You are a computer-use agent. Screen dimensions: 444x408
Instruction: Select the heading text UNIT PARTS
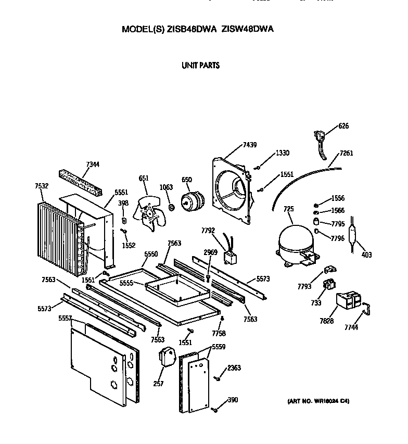point(200,66)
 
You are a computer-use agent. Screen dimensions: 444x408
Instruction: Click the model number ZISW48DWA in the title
point(247,30)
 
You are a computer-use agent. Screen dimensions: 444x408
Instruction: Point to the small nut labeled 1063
point(170,208)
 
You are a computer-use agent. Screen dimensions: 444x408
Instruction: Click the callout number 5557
point(65,318)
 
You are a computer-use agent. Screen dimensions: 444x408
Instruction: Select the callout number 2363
point(234,367)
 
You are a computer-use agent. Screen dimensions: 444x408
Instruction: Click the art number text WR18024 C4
point(318,402)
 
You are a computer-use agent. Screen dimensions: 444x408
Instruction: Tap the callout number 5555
point(126,283)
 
